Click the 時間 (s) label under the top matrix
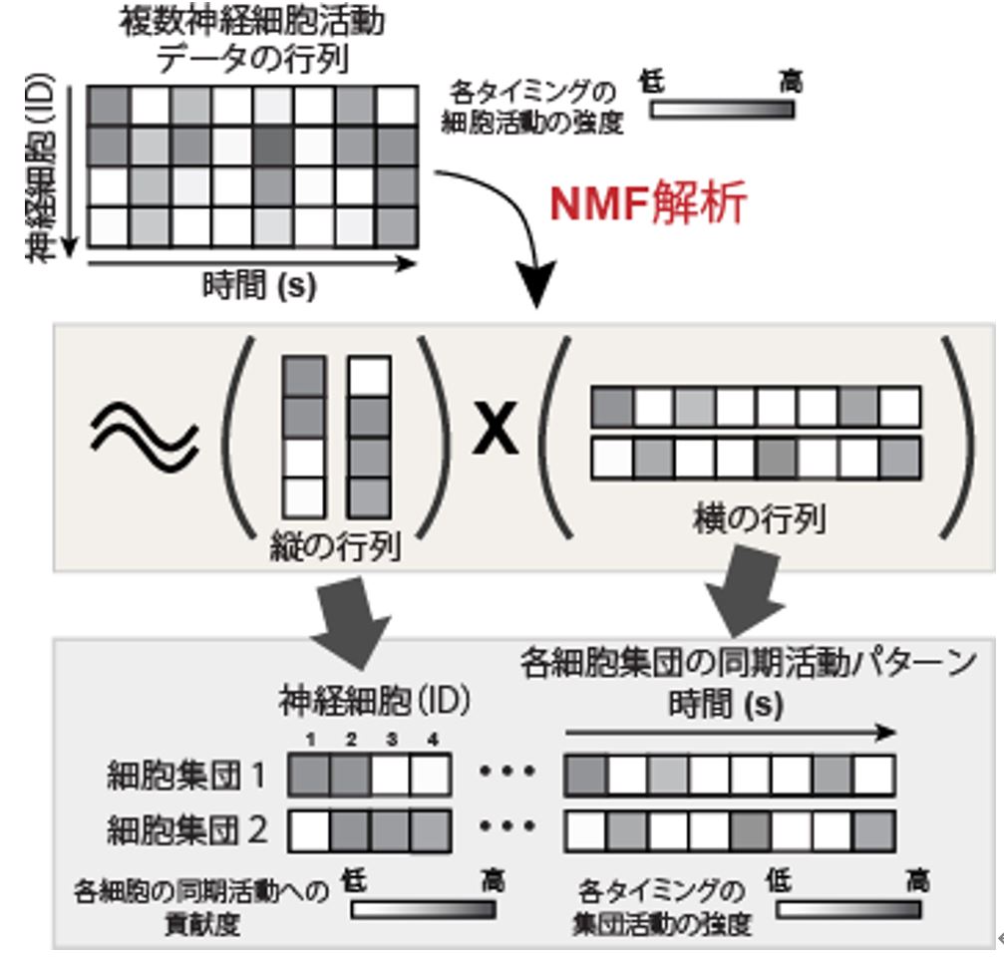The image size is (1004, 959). pyautogui.click(x=258, y=286)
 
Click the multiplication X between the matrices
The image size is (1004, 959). pyautogui.click(x=495, y=432)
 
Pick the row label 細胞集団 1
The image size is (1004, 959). pyautogui.click(x=185, y=776)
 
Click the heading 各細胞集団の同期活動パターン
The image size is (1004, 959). pyautogui.click(x=748, y=664)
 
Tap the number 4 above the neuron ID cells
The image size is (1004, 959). pyautogui.click(x=432, y=741)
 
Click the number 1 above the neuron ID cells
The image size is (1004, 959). pyautogui.click(x=310, y=741)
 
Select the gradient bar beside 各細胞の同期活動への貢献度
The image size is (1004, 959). pyautogui.click(x=423, y=909)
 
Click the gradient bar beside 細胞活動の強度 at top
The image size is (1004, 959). pyautogui.click(x=722, y=108)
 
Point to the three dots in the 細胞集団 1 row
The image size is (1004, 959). pyautogui.click(x=508, y=774)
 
